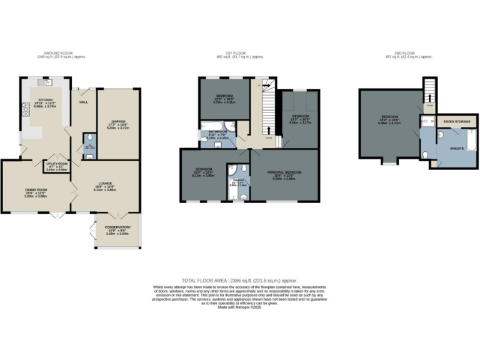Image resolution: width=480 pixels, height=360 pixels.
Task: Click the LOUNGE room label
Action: click(x=104, y=183)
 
